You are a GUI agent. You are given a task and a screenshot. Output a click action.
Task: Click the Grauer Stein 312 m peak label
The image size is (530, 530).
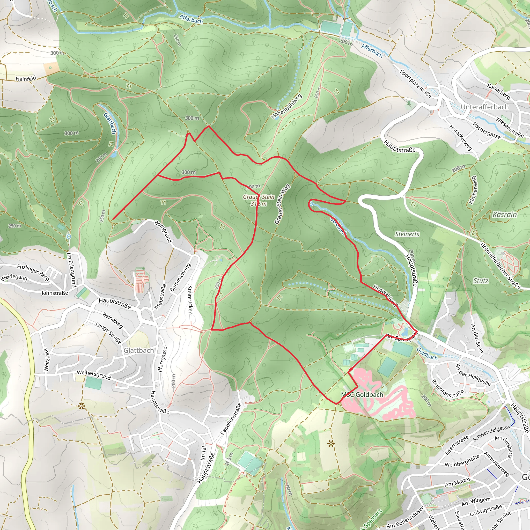tap(259, 200)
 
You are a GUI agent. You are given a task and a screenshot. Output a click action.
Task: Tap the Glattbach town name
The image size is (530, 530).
tap(138, 350)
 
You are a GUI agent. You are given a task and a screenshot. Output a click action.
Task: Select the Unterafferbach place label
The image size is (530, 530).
tap(484, 107)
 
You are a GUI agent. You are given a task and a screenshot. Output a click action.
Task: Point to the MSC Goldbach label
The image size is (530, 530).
tap(362, 394)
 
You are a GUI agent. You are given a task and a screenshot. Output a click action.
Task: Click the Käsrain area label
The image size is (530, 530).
tap(504, 214)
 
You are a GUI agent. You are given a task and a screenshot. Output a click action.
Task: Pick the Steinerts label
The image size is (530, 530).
tap(407, 234)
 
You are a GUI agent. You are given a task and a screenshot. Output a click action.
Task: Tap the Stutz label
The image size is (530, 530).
tap(481, 281)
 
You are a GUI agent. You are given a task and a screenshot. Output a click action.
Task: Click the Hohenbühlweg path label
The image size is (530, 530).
tap(286, 106)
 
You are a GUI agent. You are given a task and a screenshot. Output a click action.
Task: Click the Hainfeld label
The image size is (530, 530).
tap(26, 79)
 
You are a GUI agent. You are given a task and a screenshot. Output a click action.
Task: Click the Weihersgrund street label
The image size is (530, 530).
tap(94, 375)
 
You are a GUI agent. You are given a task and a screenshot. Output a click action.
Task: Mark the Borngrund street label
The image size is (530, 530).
tap(163, 231)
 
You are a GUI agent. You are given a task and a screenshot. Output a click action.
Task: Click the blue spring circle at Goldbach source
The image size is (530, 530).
tap(311, 204)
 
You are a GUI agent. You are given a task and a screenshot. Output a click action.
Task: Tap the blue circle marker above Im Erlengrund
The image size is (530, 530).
tap(69, 237)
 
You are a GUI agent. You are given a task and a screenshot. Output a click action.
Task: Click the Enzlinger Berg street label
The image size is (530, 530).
tap(33, 273)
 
